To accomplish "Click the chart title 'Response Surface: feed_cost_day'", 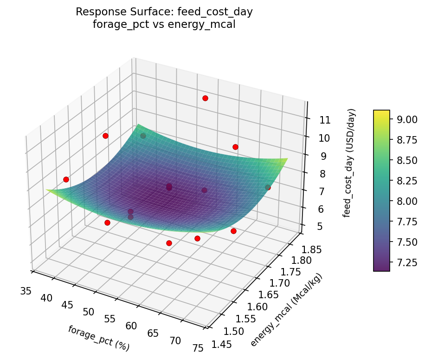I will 164,12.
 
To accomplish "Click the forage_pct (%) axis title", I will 98,338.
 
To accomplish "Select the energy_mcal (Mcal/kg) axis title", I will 286,310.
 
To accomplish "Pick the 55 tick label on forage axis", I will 110,319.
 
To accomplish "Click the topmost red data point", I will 205,98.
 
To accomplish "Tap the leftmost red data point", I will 66,179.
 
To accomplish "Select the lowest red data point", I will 169,243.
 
